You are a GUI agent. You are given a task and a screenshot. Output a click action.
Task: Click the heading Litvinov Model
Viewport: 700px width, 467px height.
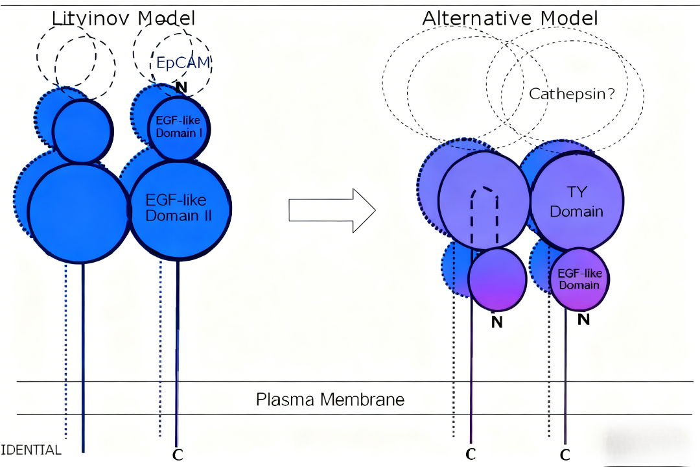tap(124, 19)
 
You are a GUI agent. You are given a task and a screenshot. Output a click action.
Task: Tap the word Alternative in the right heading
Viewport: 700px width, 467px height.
tap(477, 18)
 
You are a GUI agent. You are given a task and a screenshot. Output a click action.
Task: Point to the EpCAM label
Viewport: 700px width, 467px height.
tap(183, 62)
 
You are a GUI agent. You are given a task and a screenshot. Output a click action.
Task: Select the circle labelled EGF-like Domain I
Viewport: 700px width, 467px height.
tap(179, 128)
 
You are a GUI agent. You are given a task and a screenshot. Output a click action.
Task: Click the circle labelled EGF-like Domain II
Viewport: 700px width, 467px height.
tap(180, 210)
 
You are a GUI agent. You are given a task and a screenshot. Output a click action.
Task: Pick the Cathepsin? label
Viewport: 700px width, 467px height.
tap(572, 94)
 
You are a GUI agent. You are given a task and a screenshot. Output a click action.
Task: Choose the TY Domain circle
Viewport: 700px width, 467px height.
tap(577, 201)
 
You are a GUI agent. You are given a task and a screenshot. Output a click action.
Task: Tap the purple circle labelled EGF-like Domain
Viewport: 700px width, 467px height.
tap(580, 280)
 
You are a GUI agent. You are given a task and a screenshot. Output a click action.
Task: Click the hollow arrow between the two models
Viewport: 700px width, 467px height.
tap(332, 210)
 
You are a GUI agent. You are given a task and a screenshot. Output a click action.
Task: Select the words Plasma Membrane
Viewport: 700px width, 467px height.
tap(331, 399)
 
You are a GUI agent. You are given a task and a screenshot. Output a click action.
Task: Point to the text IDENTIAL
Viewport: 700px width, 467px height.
tap(31, 449)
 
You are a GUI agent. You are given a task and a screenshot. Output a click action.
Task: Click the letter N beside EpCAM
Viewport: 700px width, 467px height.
tap(181, 88)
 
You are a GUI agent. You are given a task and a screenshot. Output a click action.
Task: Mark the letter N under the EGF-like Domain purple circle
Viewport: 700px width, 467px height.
tap(583, 319)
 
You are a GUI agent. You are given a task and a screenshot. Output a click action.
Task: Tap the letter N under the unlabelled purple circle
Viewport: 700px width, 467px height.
tap(497, 322)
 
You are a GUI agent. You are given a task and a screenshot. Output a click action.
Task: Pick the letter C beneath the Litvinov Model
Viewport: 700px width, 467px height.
tap(178, 455)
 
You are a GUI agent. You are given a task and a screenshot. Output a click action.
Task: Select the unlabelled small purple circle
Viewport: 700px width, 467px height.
tap(497, 280)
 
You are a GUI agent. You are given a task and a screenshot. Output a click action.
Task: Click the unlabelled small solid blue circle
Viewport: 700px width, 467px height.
tap(82, 132)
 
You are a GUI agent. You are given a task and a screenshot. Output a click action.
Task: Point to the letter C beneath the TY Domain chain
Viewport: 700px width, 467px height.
tap(565, 455)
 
